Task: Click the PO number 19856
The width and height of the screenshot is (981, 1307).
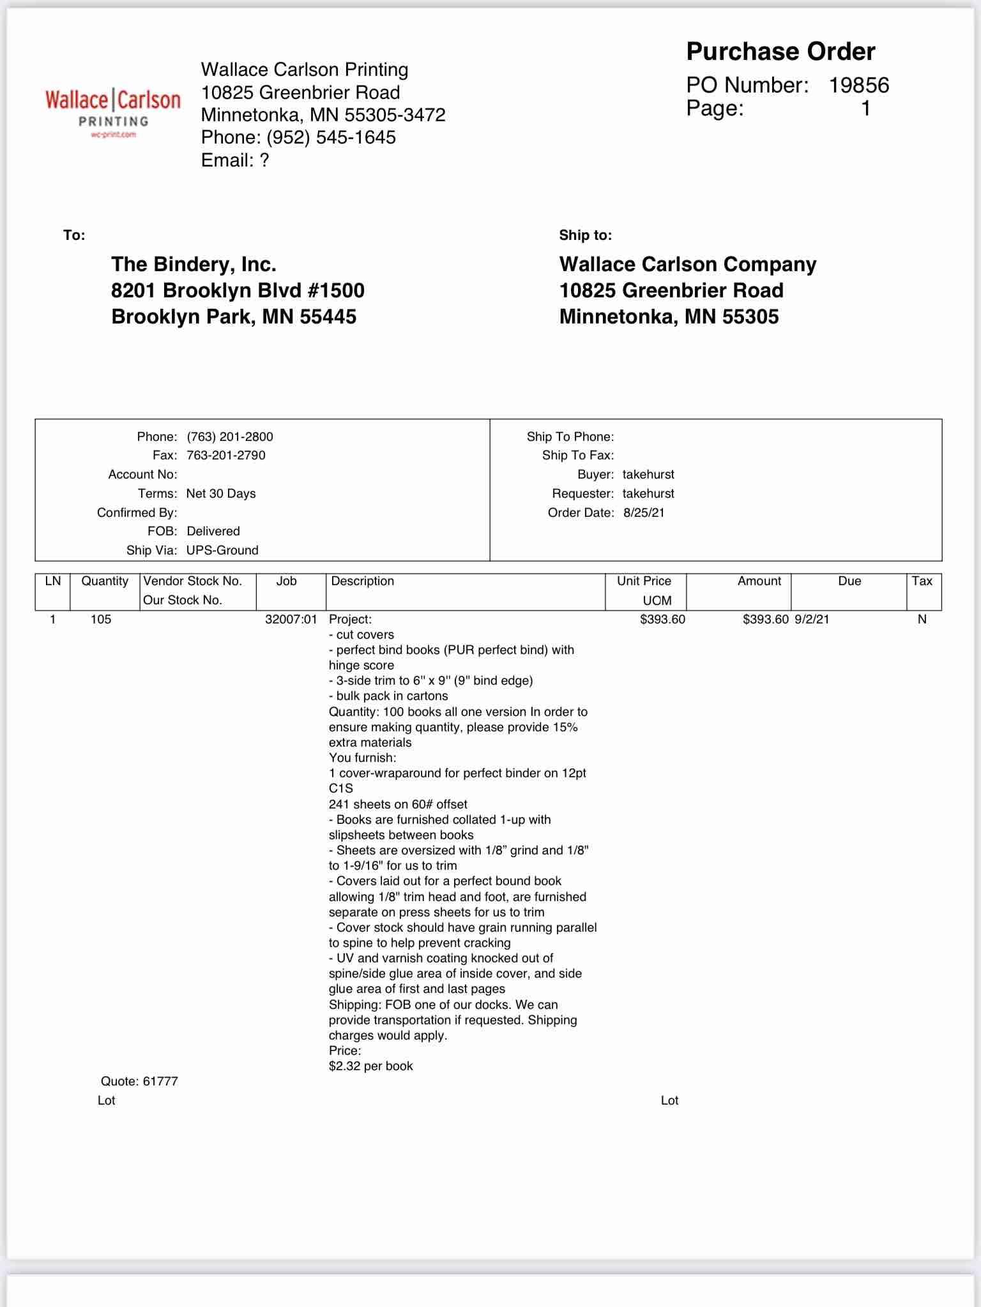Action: pyautogui.click(x=858, y=86)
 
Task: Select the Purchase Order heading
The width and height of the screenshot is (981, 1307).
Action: pyautogui.click(x=780, y=52)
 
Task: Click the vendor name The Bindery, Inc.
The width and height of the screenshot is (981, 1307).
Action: pyautogui.click(x=194, y=264)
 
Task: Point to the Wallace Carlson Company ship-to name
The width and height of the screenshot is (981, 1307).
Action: pyautogui.click(x=688, y=264)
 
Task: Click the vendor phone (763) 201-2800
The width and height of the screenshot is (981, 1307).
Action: pyautogui.click(x=230, y=437)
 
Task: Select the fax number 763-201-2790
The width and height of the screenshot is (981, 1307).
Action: pyautogui.click(x=226, y=455)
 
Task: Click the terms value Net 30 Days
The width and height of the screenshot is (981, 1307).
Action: pyautogui.click(x=221, y=493)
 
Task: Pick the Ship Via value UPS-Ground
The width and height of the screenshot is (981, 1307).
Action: pyautogui.click(x=222, y=550)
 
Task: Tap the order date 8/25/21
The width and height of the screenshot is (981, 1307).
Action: pyautogui.click(x=644, y=512)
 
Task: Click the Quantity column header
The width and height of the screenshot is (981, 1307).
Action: pyautogui.click(x=105, y=581)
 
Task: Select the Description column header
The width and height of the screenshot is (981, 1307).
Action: pyautogui.click(x=363, y=581)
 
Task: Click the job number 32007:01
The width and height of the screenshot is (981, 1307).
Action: pyautogui.click(x=291, y=619)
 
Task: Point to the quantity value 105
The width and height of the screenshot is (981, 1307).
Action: pyautogui.click(x=101, y=619)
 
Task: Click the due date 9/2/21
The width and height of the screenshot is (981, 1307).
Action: pyautogui.click(x=812, y=619)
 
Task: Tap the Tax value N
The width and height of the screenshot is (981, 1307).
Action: pyautogui.click(x=922, y=619)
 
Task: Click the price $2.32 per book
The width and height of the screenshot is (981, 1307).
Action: pyautogui.click(x=371, y=1066)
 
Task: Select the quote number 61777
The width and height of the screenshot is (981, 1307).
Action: pyautogui.click(x=160, y=1081)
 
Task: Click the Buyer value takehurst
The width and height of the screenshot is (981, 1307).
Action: pyautogui.click(x=648, y=474)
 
